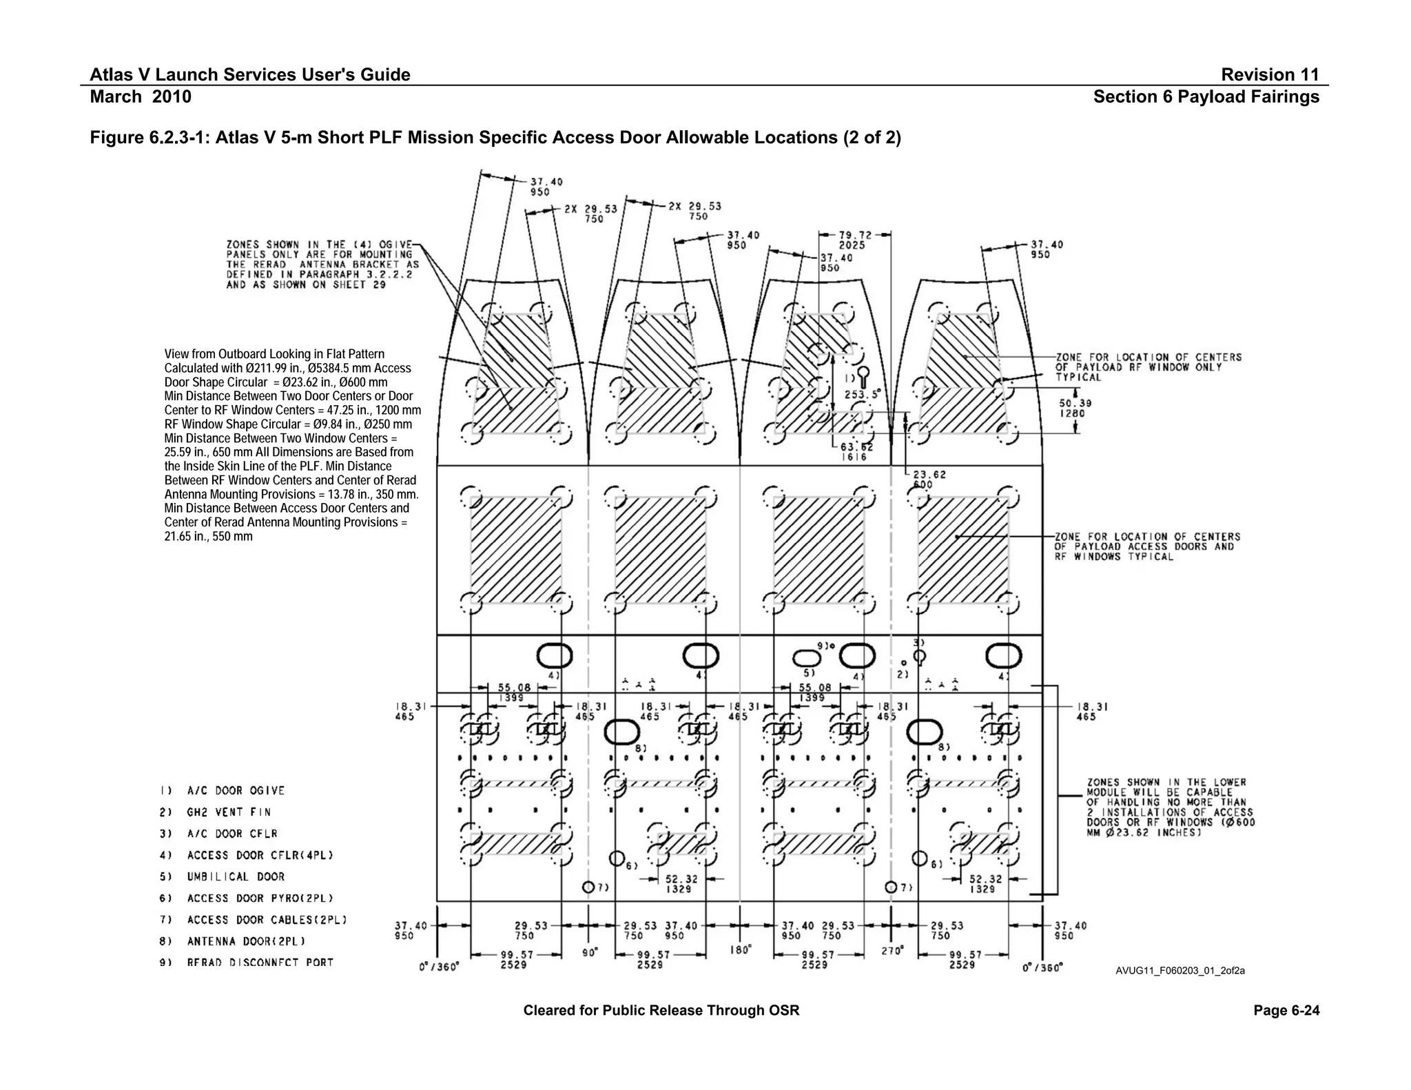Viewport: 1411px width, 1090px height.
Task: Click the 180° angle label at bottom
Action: click(740, 949)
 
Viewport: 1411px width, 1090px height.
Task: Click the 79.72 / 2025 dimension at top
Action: click(852, 240)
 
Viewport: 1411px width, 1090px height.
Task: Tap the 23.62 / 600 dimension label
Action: click(929, 479)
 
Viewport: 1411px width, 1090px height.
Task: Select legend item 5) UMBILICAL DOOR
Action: click(235, 876)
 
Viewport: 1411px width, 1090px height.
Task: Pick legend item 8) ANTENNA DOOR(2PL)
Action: click(245, 941)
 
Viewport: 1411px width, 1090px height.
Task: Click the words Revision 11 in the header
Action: click(1270, 74)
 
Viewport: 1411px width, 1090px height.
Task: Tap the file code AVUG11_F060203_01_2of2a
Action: click(1180, 971)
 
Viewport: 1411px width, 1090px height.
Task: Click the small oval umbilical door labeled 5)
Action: click(806, 656)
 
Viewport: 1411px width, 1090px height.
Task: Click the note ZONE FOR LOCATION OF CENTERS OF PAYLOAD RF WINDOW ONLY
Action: click(1148, 367)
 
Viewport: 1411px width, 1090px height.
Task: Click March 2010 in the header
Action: click(141, 96)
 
